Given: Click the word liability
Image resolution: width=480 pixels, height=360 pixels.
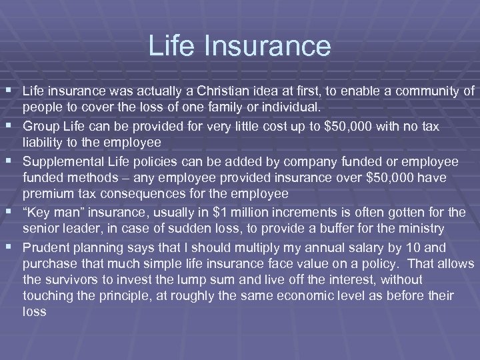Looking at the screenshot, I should point(46,142).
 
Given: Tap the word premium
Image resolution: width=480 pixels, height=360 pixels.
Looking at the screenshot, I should point(47,194).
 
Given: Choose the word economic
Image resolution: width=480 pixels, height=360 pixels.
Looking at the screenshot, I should point(283,295).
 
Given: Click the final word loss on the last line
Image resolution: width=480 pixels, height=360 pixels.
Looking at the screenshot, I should point(34,311).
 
